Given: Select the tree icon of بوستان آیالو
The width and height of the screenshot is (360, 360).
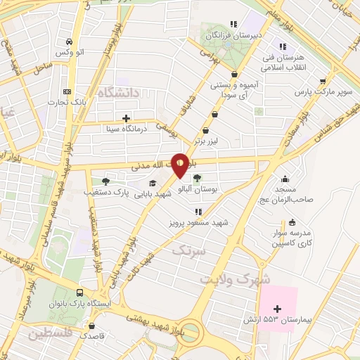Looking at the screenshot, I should (197, 178).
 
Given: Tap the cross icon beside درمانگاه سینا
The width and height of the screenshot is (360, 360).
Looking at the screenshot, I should (126, 118).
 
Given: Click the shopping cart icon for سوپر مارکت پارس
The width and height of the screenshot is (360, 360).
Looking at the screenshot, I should (323, 81).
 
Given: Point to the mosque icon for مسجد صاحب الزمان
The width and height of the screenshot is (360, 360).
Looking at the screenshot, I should (284, 179).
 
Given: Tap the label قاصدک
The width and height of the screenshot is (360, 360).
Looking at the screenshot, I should (92, 336).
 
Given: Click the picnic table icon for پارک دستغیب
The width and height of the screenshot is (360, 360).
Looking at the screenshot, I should (105, 181).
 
